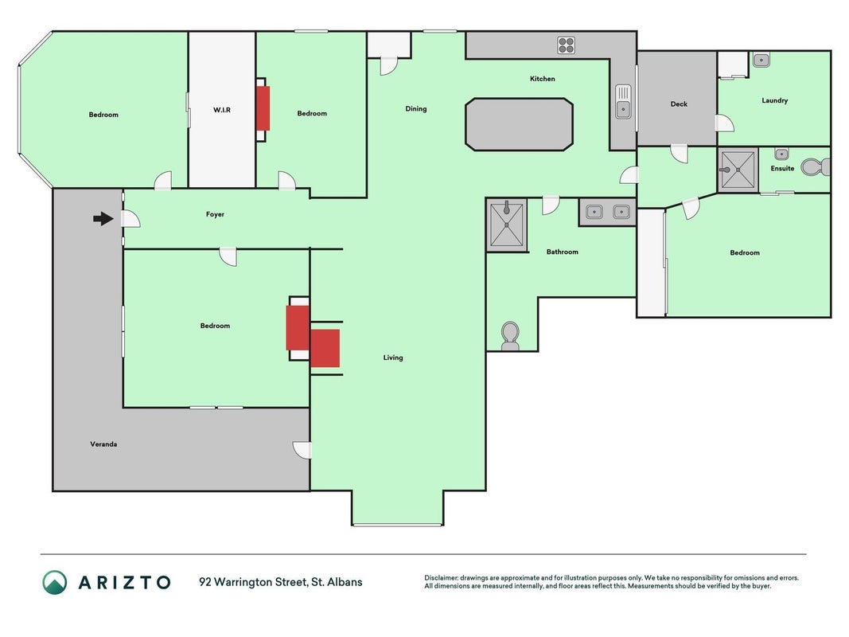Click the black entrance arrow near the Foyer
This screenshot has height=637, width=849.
click(103, 219)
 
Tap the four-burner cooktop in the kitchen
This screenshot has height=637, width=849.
click(566, 45)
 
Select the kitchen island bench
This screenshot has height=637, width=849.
click(519, 124)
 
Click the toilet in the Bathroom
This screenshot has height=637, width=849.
click(510, 336)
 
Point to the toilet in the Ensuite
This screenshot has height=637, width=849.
click(816, 167)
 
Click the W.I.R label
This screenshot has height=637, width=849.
click(222, 110)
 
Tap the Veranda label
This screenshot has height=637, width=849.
click(103, 444)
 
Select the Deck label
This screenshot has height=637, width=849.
click(679, 104)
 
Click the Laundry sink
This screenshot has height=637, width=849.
click(761, 60)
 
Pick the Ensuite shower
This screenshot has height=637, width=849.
click(738, 170)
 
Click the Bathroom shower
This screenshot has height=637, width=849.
click(507, 225)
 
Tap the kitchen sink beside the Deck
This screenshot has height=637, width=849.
click(623, 101)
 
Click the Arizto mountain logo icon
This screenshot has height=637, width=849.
click(55, 582)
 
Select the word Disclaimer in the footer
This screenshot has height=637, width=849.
click(442, 578)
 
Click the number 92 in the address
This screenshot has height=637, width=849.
click(205, 582)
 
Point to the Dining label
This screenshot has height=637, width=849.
click(416, 109)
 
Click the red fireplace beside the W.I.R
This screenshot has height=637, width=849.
click(263, 108)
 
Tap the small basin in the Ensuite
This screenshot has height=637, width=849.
click(781, 154)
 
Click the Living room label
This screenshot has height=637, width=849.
click(393, 358)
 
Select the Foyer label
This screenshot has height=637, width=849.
click(215, 214)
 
